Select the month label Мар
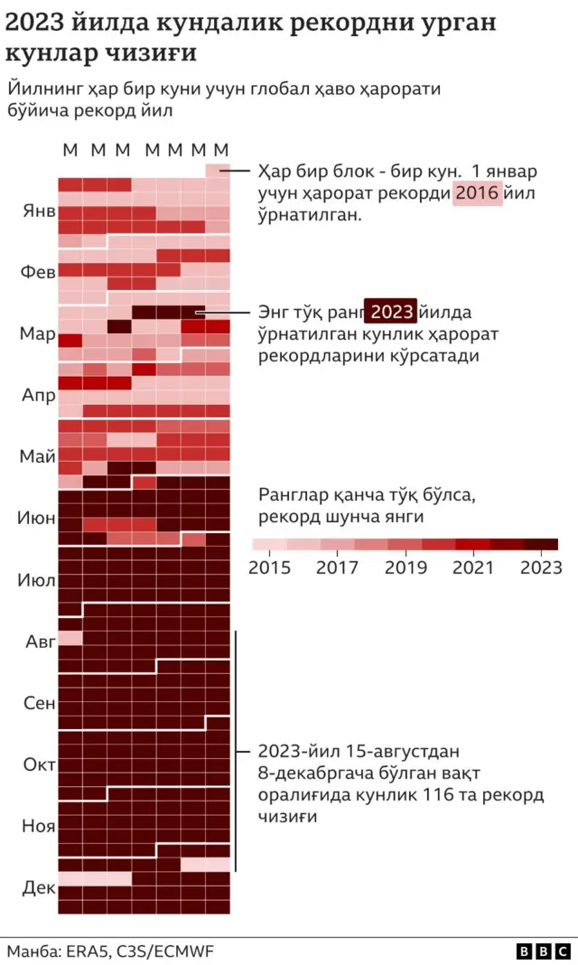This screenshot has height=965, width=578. [x=39, y=333]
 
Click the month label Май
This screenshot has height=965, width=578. [x=39, y=456]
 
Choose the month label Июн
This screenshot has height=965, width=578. [x=37, y=519]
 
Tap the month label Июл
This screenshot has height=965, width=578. [x=37, y=579]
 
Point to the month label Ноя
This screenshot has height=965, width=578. [x=39, y=826]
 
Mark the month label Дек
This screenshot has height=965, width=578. [x=39, y=887]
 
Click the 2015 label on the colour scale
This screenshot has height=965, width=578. [x=270, y=567]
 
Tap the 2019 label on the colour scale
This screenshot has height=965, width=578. [x=406, y=567]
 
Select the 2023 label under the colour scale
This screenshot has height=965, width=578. [x=540, y=567]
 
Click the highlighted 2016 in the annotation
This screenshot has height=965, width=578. [x=476, y=193]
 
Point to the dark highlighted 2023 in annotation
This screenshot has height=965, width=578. [x=391, y=313]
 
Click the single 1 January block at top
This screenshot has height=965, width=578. [x=218, y=170]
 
